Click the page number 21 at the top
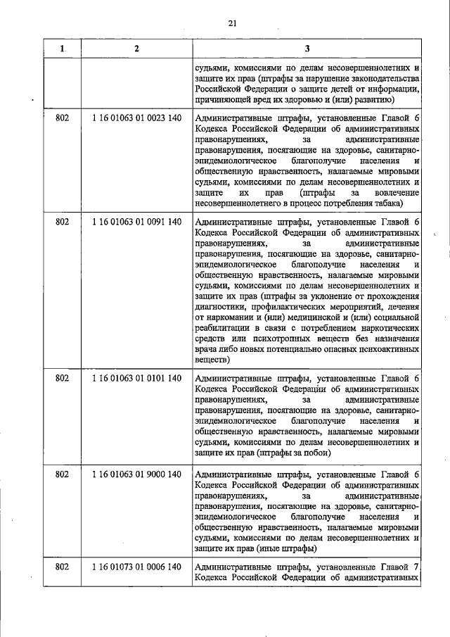pos(233,24)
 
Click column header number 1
pos(62,49)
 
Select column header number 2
pos(136,49)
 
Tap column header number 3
pos(307,49)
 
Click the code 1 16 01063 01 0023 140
pos(136,119)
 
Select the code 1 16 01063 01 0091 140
pos(136,223)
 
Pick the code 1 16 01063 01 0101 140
pos(136,378)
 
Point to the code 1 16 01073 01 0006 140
pos(136,567)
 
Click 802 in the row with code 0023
pos(62,119)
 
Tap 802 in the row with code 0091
pos(62,223)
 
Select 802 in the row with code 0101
pos(62,378)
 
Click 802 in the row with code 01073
pos(62,567)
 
